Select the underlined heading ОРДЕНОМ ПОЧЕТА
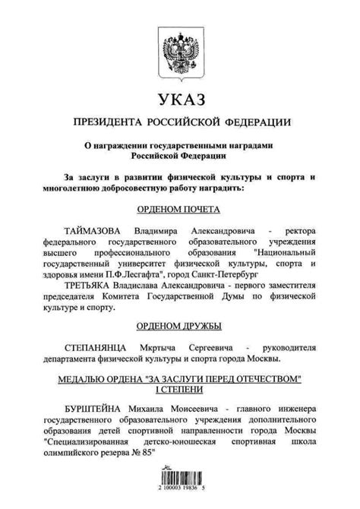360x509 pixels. (x=178, y=208)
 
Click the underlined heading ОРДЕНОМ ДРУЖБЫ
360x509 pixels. (x=178, y=327)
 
